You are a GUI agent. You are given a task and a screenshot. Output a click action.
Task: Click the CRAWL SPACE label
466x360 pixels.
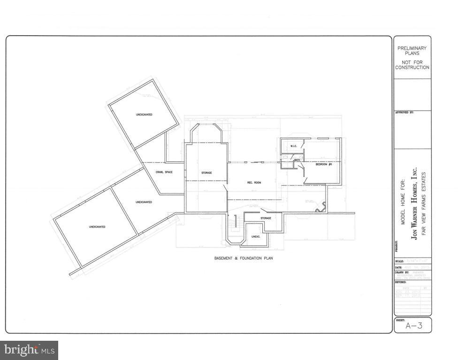coord(164,172)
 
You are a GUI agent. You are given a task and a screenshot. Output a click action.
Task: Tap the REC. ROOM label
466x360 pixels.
coord(254,182)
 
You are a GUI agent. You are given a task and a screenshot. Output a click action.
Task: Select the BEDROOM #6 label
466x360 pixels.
coord(324,164)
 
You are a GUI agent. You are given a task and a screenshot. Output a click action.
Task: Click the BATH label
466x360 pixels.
coord(297,161)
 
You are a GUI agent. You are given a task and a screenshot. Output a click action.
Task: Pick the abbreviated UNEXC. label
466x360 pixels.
coord(256,237)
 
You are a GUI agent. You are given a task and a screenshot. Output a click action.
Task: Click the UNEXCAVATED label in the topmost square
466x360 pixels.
coord(144,115)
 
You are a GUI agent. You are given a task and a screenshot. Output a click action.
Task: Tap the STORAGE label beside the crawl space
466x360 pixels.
coord(206,173)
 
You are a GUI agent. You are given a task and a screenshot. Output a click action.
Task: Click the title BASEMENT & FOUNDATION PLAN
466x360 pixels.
coord(244,258)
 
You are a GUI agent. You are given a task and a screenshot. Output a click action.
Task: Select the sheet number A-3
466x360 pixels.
coord(412,325)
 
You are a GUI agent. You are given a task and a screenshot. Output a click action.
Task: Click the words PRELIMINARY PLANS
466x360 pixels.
coord(412,51)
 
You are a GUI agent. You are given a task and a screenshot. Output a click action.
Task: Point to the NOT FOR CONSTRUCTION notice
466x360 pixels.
coord(412,65)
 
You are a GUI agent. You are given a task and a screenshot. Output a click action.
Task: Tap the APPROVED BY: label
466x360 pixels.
coord(404,112)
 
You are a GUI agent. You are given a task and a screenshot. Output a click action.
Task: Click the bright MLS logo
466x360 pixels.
coord(29,350)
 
